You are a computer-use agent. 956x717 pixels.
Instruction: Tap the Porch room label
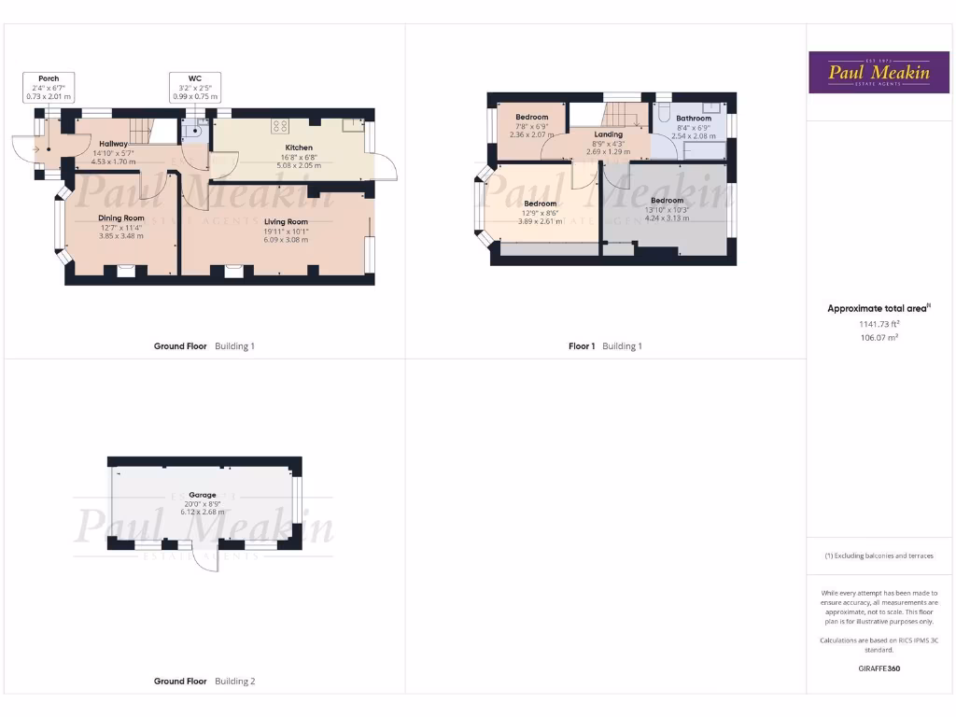(49, 78)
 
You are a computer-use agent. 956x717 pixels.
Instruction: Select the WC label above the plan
(195, 78)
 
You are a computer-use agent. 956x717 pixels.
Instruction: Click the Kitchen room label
(299, 148)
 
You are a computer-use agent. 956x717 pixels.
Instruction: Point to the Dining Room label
(121, 218)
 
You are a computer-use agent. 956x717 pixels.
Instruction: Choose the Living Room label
(286, 222)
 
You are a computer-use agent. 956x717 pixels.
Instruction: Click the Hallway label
(113, 144)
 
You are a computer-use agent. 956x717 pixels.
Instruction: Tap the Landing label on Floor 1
(608, 134)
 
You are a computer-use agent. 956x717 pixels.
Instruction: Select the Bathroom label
(694, 119)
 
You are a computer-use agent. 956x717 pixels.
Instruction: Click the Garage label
(203, 495)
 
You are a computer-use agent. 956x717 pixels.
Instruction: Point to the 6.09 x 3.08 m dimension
(286, 240)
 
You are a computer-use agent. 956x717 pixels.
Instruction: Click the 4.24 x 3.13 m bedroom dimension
(667, 218)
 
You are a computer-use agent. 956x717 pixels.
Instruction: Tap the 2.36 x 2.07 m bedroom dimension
(532, 134)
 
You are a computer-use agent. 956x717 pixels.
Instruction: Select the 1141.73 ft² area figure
(879, 324)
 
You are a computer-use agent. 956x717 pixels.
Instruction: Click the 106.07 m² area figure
(879, 337)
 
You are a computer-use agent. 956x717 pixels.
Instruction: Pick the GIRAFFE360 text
(879, 668)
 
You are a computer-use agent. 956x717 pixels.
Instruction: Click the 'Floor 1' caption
(582, 346)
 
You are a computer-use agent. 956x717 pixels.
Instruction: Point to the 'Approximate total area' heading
(878, 309)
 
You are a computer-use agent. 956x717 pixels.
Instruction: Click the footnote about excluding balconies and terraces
(879, 555)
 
